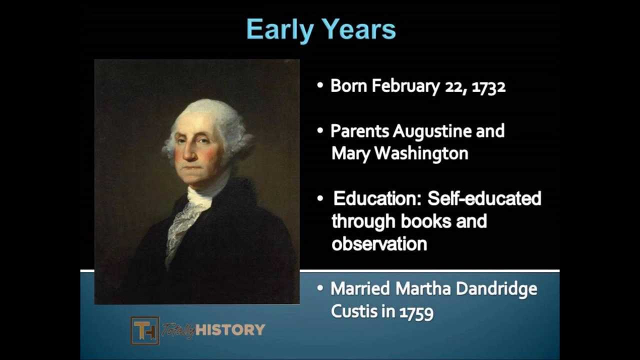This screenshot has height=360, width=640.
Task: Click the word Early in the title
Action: point(280,29)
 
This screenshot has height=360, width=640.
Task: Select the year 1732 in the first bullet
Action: point(488,86)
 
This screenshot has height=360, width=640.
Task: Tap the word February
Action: point(405,86)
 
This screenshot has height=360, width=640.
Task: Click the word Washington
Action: point(421,153)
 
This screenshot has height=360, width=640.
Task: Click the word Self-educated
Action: point(484,198)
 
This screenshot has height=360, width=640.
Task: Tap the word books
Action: point(425,221)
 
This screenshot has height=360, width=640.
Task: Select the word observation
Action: point(379,244)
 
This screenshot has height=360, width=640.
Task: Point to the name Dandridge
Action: point(496,289)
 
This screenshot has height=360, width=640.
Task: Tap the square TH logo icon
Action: point(145,330)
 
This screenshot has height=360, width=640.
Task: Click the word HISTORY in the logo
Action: point(230,330)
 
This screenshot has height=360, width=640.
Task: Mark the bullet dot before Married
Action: point(320,288)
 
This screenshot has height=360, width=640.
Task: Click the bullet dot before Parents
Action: point(320,130)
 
